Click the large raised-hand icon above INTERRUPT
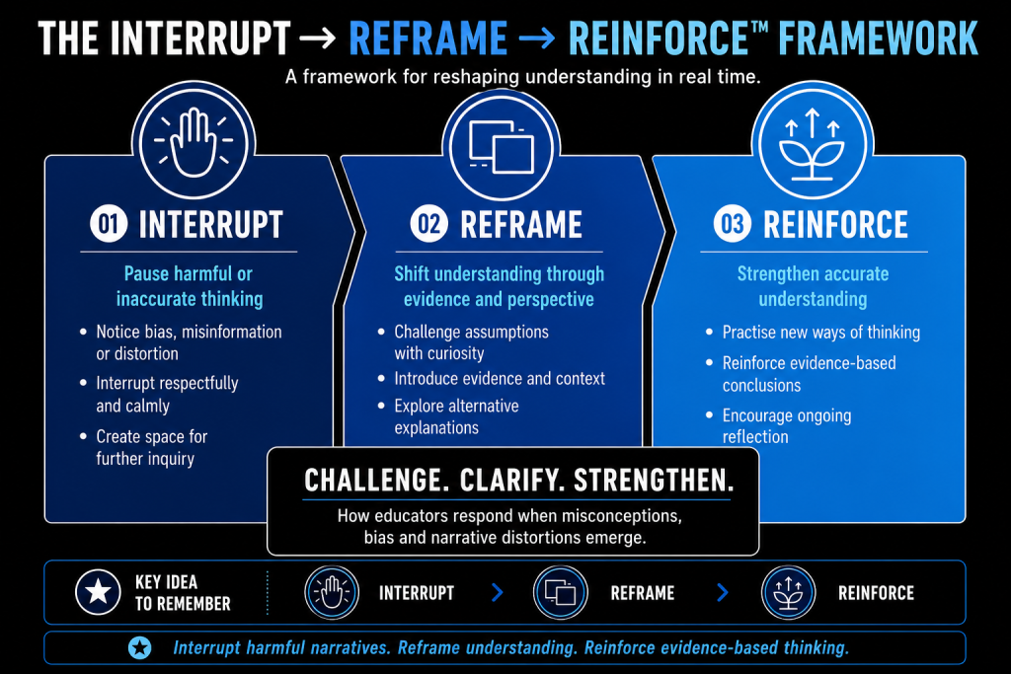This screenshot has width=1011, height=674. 194,142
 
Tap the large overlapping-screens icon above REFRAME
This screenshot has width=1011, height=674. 501,147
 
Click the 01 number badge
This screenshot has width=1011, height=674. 109,224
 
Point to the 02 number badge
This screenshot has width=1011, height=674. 428,224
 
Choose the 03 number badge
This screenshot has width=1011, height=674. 732,224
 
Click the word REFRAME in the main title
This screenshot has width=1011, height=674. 428,38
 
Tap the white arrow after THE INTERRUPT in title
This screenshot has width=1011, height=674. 318,38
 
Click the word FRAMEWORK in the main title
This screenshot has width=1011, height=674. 878,38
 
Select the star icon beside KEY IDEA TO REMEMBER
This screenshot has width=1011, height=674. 98,591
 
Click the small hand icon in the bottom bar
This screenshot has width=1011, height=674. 332,592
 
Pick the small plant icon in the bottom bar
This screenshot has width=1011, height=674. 788,592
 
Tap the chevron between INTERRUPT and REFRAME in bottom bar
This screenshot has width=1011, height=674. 498,592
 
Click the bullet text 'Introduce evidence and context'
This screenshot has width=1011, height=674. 500,378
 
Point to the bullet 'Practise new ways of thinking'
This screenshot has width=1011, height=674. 820,332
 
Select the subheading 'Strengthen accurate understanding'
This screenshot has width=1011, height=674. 814,286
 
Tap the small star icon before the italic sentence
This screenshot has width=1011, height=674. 140,647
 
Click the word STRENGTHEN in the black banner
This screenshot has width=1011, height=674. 654,481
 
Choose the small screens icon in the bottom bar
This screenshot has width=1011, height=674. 561,592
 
